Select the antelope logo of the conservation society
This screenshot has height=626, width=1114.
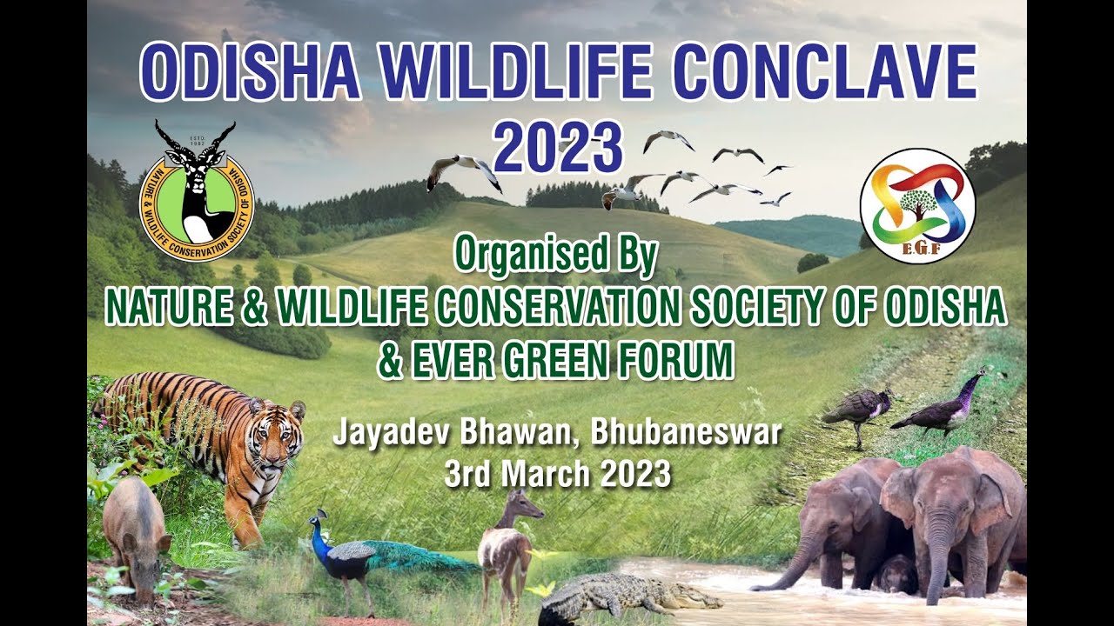197,192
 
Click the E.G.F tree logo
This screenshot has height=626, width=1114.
917,205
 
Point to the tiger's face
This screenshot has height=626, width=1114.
275,440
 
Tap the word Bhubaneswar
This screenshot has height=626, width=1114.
686,432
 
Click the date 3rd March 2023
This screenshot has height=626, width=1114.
557,475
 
